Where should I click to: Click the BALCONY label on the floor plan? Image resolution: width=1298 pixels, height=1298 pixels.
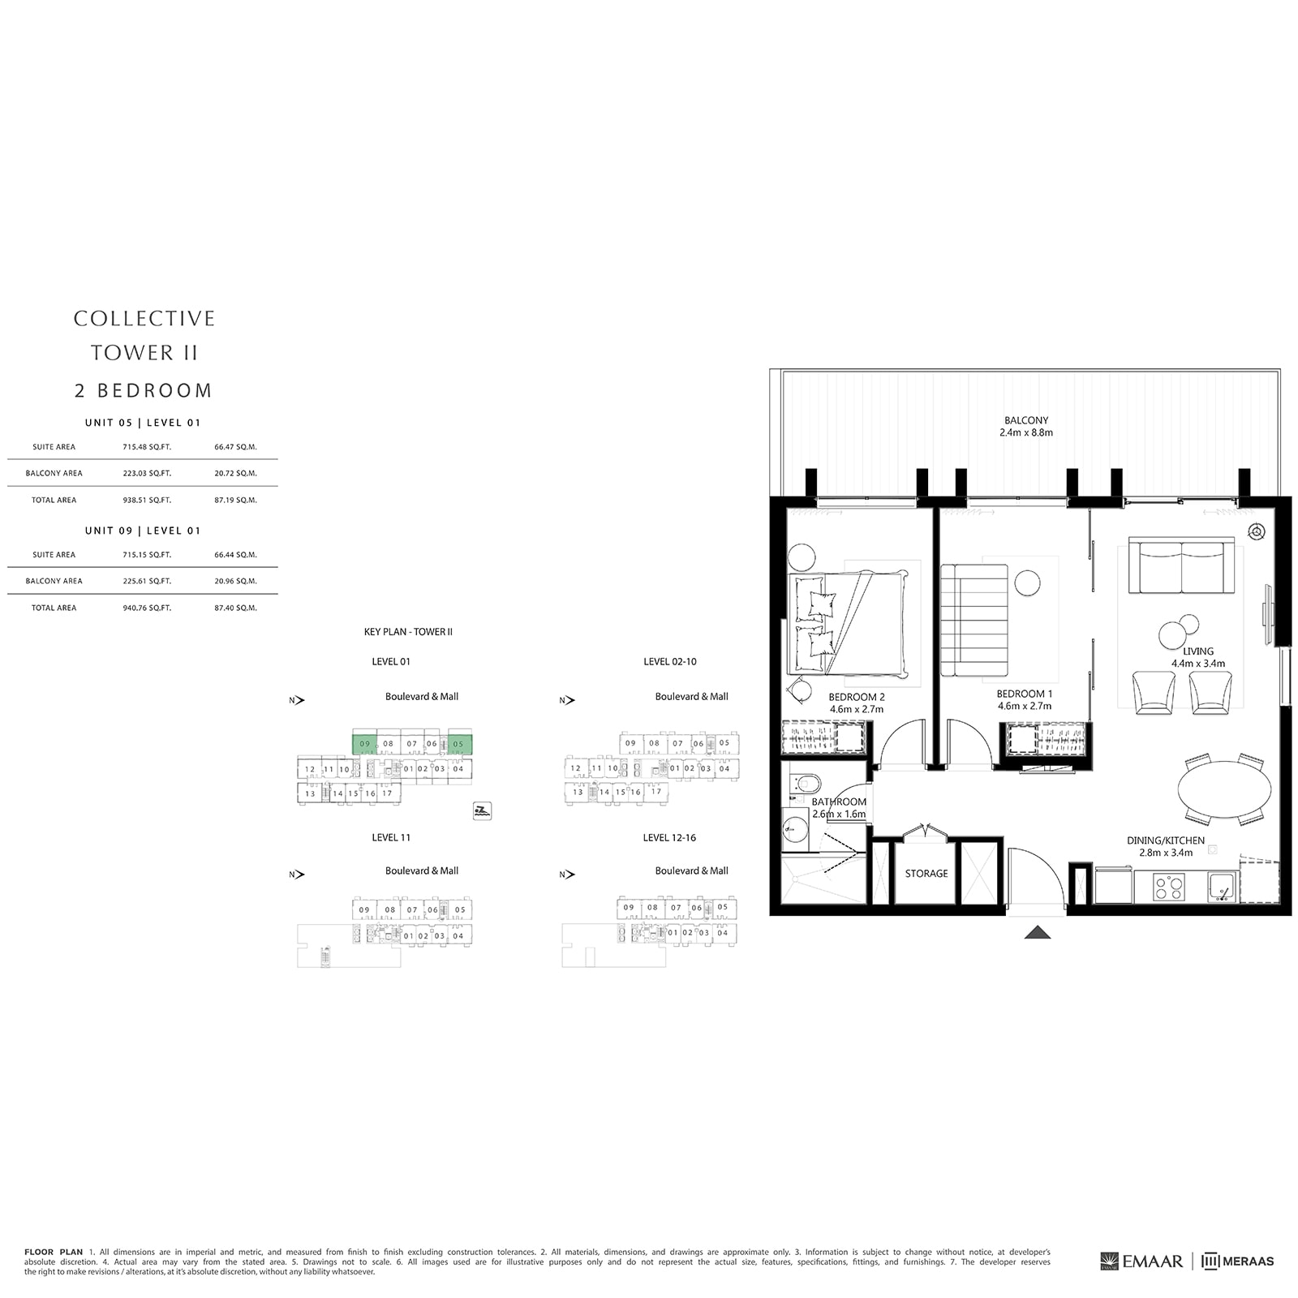coord(1025,420)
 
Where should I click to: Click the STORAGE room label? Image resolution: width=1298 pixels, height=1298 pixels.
coord(926,874)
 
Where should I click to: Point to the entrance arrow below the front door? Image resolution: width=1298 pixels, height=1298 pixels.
coord(1038,933)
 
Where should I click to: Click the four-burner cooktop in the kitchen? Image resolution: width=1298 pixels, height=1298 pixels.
coord(1168,887)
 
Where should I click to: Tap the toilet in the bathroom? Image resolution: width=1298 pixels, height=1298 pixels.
coord(806,784)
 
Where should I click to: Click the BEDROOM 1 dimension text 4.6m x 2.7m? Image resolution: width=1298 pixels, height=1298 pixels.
coord(1025,706)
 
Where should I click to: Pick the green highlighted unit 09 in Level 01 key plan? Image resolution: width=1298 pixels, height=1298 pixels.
coord(364,743)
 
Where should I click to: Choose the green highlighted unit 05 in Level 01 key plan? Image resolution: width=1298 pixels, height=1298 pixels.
coord(459,743)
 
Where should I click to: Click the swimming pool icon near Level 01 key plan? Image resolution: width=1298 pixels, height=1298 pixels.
coord(482,810)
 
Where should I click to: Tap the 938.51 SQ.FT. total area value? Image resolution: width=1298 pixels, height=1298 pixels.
coord(147,501)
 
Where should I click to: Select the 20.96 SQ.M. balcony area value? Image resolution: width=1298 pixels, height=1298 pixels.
coord(235,581)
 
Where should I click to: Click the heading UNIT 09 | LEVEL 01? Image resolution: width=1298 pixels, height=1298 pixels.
coord(143,531)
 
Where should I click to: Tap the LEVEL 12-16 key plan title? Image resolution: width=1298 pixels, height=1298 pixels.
coord(669,837)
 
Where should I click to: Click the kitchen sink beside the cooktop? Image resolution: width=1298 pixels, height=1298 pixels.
coord(1221,887)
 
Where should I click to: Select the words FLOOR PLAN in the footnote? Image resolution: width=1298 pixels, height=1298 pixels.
coord(54,1252)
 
